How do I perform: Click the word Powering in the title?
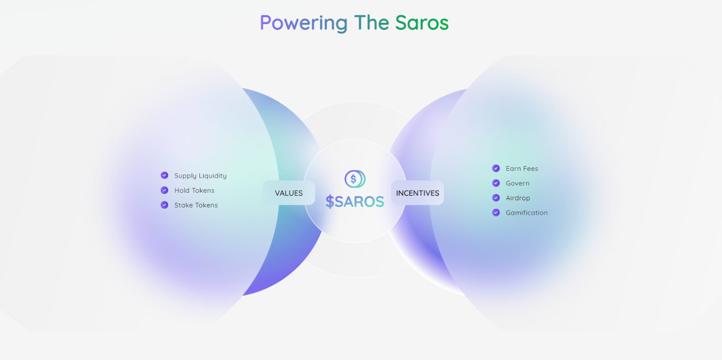(304, 23)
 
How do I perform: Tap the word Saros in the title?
(422, 23)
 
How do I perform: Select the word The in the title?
(371, 23)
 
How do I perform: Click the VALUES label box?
(289, 193)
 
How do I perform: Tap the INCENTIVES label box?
(417, 193)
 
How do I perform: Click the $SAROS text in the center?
(355, 202)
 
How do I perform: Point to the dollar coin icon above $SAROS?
(355, 179)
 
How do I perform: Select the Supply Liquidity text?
(200, 176)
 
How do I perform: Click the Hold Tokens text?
(194, 190)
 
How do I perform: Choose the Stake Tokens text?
(196, 205)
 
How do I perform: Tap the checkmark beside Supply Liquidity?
(165, 175)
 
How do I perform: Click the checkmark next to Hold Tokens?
(165, 190)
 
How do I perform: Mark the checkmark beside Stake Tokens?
(165, 205)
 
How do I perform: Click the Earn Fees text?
(522, 169)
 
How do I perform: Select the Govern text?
(518, 183)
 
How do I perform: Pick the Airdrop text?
(518, 198)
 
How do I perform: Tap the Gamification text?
(527, 213)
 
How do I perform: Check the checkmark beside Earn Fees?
(496, 168)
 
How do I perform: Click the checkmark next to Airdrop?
(496, 198)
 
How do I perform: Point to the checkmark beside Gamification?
(496, 212)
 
